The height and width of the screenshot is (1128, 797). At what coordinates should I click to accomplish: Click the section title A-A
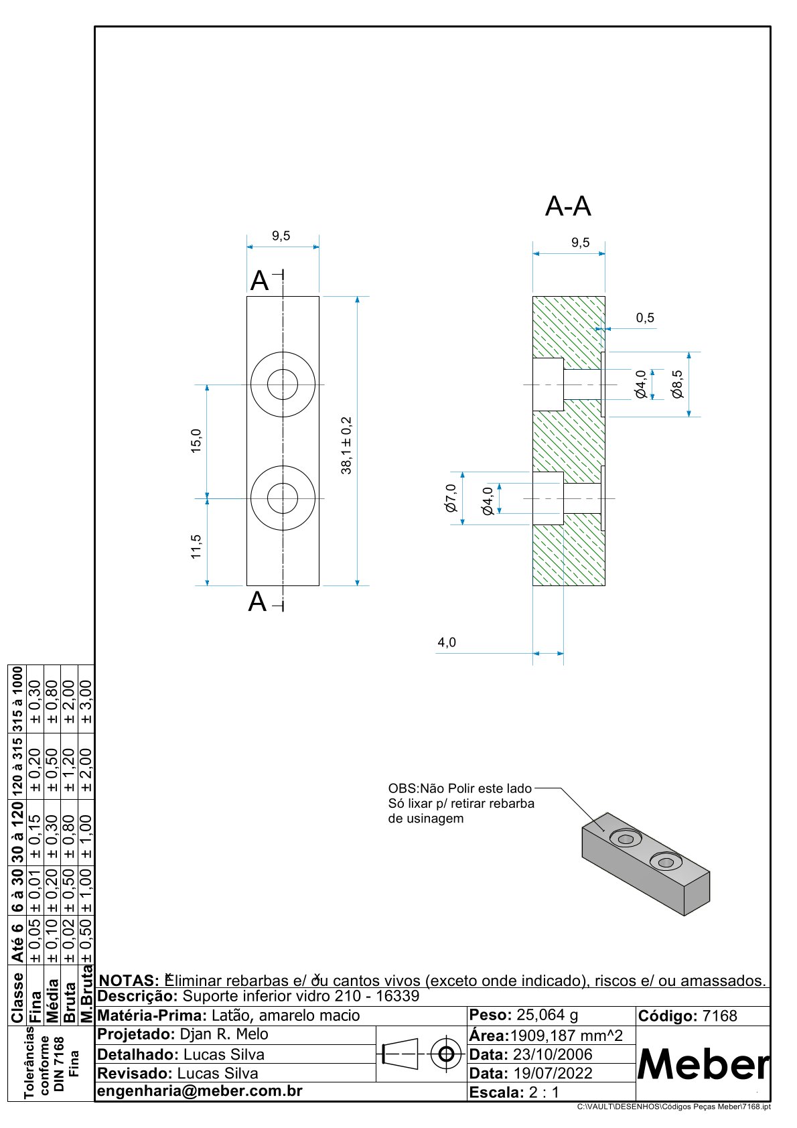(568, 206)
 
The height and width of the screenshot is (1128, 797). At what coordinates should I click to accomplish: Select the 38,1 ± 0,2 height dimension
(346, 445)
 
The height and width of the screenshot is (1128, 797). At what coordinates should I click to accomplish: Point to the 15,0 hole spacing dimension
(196, 441)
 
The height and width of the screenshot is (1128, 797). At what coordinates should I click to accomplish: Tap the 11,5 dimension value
(196, 546)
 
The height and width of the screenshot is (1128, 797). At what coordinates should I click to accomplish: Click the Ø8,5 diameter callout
(678, 384)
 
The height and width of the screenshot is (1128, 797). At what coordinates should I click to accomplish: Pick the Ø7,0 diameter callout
(450, 498)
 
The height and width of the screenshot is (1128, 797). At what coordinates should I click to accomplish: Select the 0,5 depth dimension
(645, 318)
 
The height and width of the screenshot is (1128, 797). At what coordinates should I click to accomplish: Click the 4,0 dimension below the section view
(447, 642)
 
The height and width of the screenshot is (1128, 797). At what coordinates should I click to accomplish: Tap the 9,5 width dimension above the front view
(281, 236)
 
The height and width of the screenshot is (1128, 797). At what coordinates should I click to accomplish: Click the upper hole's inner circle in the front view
(283, 384)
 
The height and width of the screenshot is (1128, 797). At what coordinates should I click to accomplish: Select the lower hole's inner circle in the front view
(283, 498)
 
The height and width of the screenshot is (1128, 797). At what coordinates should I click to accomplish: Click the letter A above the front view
(259, 281)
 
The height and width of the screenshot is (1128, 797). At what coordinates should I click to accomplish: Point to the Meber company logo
(703, 1064)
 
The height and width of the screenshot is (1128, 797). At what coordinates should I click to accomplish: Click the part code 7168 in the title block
(719, 1016)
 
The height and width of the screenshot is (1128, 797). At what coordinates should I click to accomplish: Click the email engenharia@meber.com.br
(200, 1091)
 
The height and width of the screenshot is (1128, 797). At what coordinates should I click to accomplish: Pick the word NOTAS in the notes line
(127, 981)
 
